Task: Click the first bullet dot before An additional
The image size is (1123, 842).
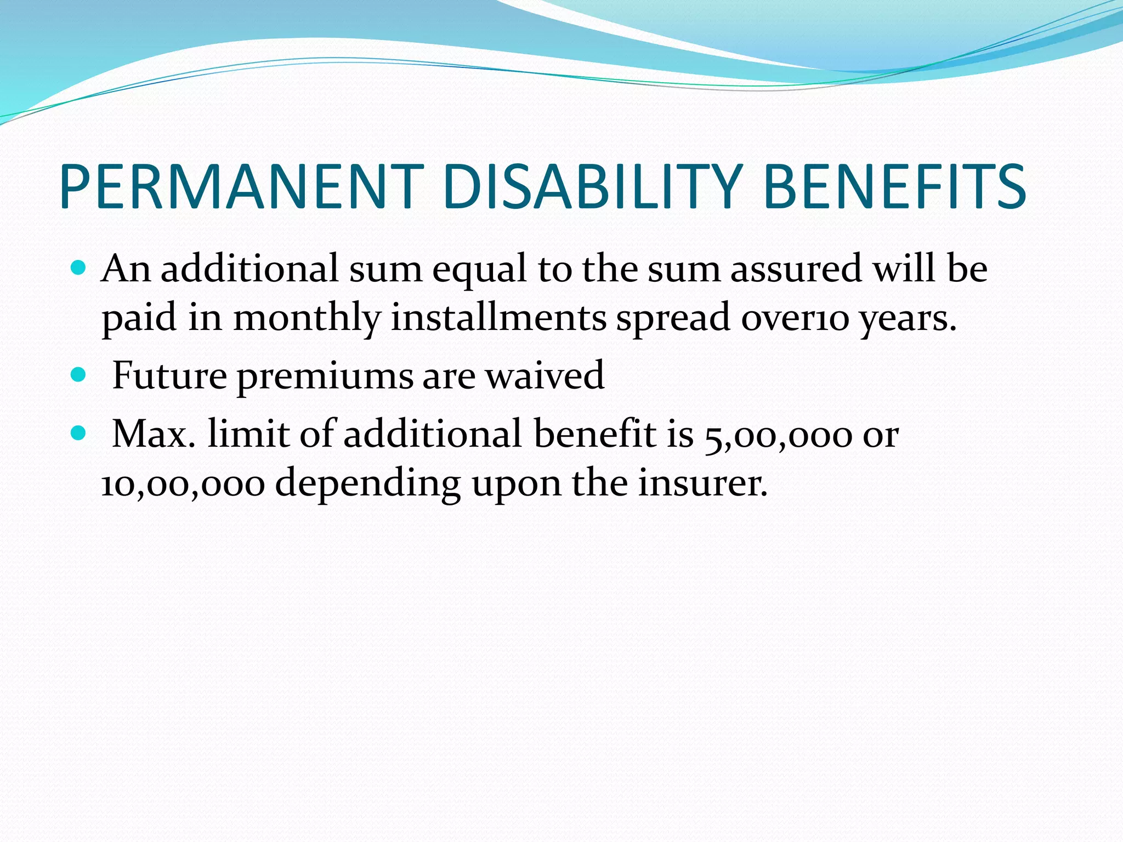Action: click(x=79, y=269)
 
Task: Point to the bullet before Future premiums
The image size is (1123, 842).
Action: click(x=79, y=376)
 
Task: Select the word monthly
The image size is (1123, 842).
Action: click(x=307, y=318)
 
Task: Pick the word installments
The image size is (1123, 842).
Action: click(x=498, y=318)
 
